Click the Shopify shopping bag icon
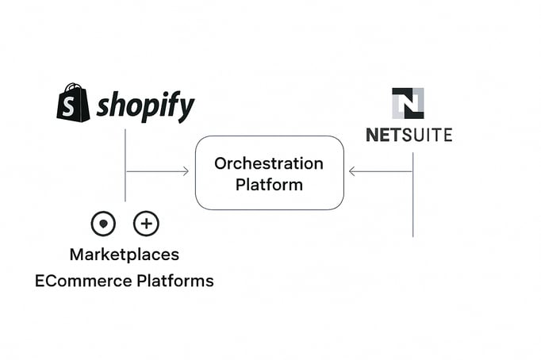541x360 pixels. pos(73,103)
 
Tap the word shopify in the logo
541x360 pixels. pos(145,106)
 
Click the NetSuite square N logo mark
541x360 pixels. pos(408,103)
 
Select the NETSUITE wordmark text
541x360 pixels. pos(409,135)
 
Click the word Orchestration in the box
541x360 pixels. pos(269,163)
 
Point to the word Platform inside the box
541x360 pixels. pos(269,185)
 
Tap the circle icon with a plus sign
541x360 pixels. pos(146,224)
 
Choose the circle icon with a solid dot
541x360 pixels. pos(103,224)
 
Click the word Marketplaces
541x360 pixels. pos(124,255)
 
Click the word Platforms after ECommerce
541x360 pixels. pos(175,281)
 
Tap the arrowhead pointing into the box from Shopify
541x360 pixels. pos(186,170)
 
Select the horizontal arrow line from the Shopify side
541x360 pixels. pos(155,170)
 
